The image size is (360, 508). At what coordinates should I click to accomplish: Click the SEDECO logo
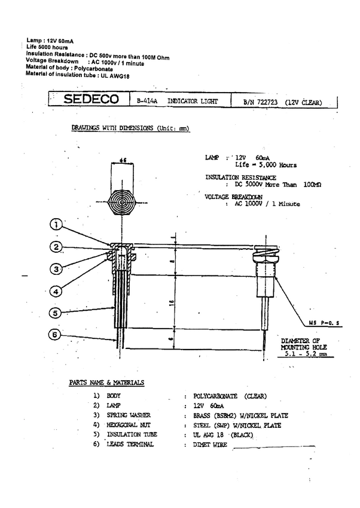[x=91, y=100]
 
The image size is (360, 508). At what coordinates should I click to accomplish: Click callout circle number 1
[x=54, y=225]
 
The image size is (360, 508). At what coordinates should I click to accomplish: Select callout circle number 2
[x=54, y=247]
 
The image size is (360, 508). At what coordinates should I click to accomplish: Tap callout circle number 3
[x=54, y=268]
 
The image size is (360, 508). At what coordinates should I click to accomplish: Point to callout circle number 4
[x=54, y=291]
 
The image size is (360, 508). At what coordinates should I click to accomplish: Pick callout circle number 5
[x=54, y=313]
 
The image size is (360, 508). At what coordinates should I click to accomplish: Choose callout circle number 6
[x=54, y=335]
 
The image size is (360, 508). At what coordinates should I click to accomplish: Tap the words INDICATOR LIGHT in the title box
[x=193, y=102]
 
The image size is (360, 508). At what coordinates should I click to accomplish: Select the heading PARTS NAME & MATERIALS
[x=106, y=382]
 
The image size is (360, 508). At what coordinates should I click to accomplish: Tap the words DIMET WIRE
[x=206, y=445]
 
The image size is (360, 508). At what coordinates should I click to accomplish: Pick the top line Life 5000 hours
[x=47, y=47]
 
